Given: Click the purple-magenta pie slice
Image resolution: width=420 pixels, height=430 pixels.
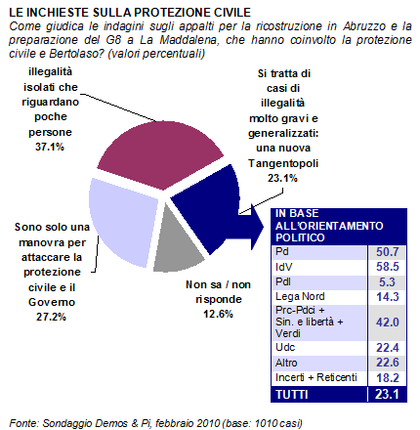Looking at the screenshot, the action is click(x=159, y=153).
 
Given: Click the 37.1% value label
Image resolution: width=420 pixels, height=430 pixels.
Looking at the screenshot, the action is click(x=50, y=147).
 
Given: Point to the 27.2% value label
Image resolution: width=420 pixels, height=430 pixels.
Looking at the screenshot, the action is click(x=51, y=317).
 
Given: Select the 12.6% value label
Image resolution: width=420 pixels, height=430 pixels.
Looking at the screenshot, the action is click(x=218, y=314).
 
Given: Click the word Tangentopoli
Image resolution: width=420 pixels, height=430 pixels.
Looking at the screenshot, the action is click(x=283, y=163).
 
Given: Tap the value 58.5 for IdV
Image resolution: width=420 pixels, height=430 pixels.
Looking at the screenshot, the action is click(x=388, y=267).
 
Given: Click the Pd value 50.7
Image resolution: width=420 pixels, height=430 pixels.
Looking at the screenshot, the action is click(x=388, y=252).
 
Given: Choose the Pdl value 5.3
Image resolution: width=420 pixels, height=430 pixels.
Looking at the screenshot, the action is click(x=387, y=282).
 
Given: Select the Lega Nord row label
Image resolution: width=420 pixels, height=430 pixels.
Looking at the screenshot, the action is click(x=300, y=296).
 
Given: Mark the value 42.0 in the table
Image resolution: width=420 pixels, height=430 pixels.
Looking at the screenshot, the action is click(x=388, y=322).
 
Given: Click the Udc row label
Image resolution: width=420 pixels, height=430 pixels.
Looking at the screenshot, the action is click(x=285, y=347).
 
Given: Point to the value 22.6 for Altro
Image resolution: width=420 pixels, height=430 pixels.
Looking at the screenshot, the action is click(x=388, y=363).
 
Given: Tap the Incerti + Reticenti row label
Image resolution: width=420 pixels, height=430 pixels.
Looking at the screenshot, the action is click(x=316, y=377).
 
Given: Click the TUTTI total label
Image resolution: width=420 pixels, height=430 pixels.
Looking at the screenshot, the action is click(x=292, y=395).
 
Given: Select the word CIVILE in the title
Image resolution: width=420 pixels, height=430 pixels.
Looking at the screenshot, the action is click(x=232, y=13).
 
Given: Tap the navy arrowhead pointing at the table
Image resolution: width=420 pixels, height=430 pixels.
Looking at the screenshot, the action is click(x=257, y=227).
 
